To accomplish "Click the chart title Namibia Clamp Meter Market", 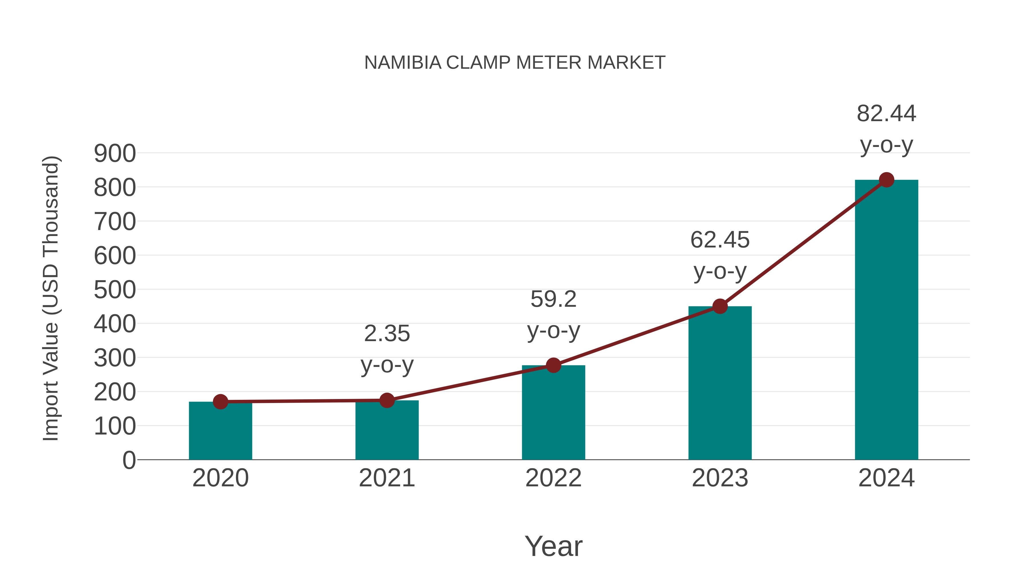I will point(515,63).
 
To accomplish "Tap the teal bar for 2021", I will point(387,432).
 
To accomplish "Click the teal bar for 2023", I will point(720,384).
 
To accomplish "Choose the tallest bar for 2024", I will point(886,320).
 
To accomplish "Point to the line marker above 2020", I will point(220,402).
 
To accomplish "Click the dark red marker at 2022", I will point(553,365).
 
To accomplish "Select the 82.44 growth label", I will point(886,114).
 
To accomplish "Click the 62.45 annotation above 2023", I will point(720,240).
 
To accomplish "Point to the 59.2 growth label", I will point(553,299).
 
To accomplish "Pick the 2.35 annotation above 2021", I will point(387,334).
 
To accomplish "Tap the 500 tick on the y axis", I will point(115,290).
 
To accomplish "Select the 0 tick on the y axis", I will point(129,460).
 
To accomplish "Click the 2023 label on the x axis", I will point(720,478).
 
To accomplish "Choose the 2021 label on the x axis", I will point(387,478).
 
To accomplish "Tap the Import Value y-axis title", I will point(51,298).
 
